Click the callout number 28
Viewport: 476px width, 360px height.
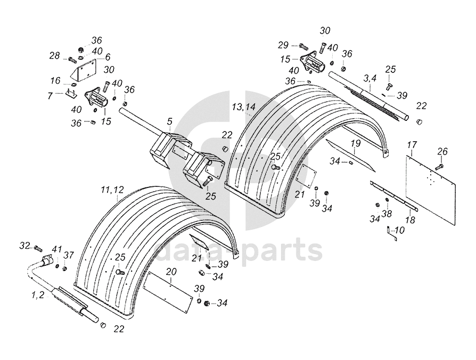pos(54,55)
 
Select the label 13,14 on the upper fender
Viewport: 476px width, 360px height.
pos(244,107)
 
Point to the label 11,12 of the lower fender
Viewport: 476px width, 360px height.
pos(112,190)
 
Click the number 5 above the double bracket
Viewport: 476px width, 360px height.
pos(169,122)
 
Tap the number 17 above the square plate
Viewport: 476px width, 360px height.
pos(412,145)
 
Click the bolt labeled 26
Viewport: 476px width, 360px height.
pos(439,167)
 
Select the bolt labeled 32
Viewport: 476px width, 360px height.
pos(37,248)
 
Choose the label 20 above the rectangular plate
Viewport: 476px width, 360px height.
pos(171,271)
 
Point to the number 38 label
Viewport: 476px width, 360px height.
pos(388,214)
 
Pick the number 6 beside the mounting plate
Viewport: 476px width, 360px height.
pos(107,57)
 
